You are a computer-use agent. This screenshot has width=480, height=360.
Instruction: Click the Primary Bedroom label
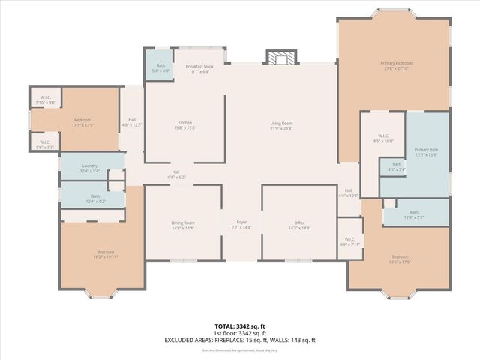[396, 63]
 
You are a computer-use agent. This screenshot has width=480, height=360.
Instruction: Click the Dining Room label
[184, 223]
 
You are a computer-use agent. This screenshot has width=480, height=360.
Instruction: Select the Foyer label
[241, 223]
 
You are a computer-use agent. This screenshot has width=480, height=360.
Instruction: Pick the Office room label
[299, 223]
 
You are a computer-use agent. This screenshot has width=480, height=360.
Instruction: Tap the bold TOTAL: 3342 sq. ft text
[239, 325]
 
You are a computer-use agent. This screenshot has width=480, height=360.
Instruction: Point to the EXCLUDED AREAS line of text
[239, 340]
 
